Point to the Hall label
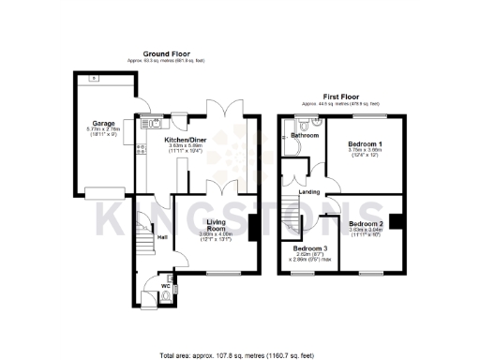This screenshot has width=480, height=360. coord(161,237)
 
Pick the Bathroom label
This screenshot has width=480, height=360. coord(304,135)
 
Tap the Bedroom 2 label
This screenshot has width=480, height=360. coord(367,223)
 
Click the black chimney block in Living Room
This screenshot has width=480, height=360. coord(253,226)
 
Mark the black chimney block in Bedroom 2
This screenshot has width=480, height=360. coord(397,222)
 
